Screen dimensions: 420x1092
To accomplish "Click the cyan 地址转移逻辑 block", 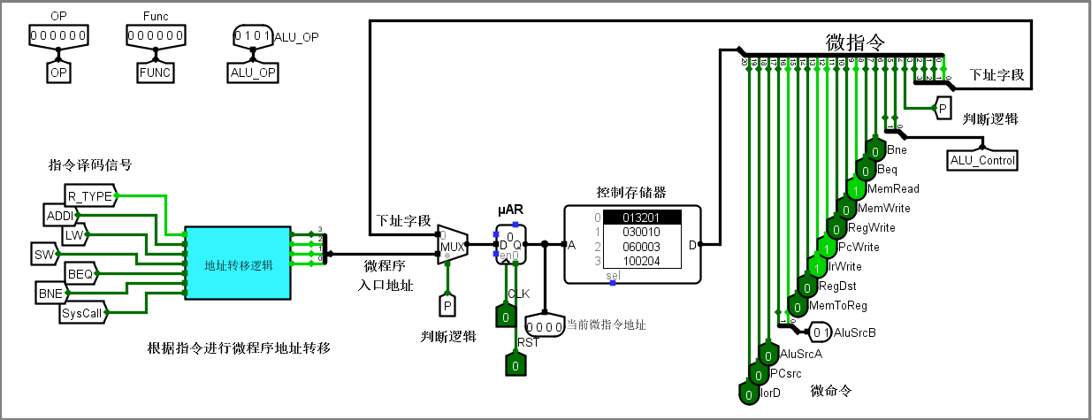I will (x=238, y=263).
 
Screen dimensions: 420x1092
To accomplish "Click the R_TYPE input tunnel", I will (x=90, y=195).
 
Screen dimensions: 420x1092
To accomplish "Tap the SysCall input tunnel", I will (x=81, y=313).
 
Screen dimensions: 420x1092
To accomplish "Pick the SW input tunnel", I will (x=43, y=254).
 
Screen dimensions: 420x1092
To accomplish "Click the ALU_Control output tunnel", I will (x=981, y=160).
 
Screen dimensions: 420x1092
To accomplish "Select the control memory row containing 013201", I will (x=641, y=218).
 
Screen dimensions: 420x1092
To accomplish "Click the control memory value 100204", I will (x=641, y=261).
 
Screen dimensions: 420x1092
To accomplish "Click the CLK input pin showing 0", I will (x=504, y=316).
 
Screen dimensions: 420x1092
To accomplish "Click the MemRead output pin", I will (x=855, y=189).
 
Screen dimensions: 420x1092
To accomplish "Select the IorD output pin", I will (x=748, y=393).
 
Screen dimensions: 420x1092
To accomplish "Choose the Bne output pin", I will (x=874, y=150).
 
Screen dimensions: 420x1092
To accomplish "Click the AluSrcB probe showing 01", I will (x=821, y=332).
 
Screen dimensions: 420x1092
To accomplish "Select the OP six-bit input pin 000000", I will (x=58, y=36).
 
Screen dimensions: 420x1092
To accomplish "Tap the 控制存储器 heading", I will (x=630, y=192).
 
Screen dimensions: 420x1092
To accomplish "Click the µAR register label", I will (x=511, y=210).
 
